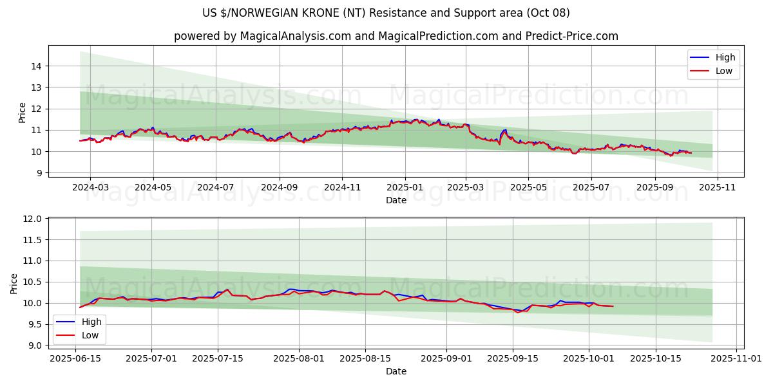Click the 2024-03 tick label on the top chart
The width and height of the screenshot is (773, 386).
pos(90,187)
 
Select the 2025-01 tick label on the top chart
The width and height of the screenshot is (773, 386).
pos(405,187)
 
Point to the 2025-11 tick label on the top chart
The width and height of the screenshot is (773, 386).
pos(718,187)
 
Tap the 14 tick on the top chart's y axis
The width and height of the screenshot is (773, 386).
pos(36,66)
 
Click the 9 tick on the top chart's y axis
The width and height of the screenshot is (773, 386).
pos(39,173)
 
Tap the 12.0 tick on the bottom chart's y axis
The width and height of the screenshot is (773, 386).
pos(33,219)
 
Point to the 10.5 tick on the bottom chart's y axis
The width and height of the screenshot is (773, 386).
pos(33,282)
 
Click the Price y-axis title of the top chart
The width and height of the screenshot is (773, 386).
pos(23,113)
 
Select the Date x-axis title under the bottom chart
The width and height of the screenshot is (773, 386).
pos(396,371)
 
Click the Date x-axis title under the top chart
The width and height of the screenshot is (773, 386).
pos(396,200)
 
